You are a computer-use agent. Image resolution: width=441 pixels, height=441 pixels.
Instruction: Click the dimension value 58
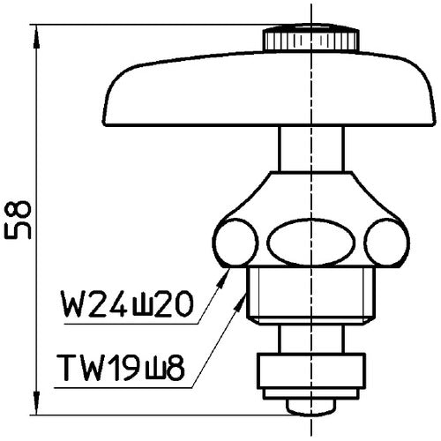tap(19, 220)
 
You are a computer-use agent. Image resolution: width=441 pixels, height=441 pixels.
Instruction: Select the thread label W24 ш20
tap(127, 306)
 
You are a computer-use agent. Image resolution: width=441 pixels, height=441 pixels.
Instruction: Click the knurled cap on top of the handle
tap(310, 40)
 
